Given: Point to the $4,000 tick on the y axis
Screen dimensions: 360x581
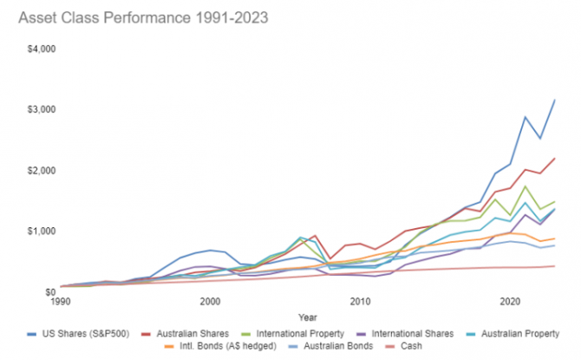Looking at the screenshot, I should [x=41, y=49].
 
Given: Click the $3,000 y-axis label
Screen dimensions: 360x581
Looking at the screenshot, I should [x=41, y=109].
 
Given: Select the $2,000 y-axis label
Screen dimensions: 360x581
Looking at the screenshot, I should [x=41, y=170].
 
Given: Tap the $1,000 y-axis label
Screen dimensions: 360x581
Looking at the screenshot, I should [x=41, y=231].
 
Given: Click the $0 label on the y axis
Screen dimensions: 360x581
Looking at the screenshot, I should [x=49, y=291].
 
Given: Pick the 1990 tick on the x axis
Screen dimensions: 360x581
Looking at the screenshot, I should [x=60, y=301].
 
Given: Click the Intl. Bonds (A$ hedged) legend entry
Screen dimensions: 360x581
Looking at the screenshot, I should [x=231, y=346].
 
